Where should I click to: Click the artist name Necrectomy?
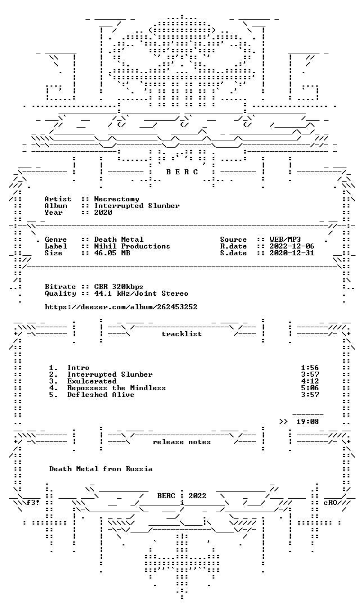tap(116, 199)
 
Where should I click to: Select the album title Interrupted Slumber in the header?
tap(137, 206)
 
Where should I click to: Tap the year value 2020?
tap(103, 213)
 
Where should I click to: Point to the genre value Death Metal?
tap(119, 240)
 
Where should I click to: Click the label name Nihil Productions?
tap(132, 246)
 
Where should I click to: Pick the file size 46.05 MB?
tap(112, 253)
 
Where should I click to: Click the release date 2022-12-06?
tap(292, 246)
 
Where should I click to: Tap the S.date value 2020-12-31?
tap(292, 253)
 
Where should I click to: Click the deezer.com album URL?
tap(121, 307)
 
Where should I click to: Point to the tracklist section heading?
tap(182, 334)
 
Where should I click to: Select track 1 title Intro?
tap(78, 368)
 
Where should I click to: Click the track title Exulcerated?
tap(92, 381)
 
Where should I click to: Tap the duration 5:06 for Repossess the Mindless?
tap(310, 388)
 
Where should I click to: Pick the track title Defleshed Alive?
tap(101, 395)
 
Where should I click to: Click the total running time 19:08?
tap(308, 422)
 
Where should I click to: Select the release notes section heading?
tap(182, 442)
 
